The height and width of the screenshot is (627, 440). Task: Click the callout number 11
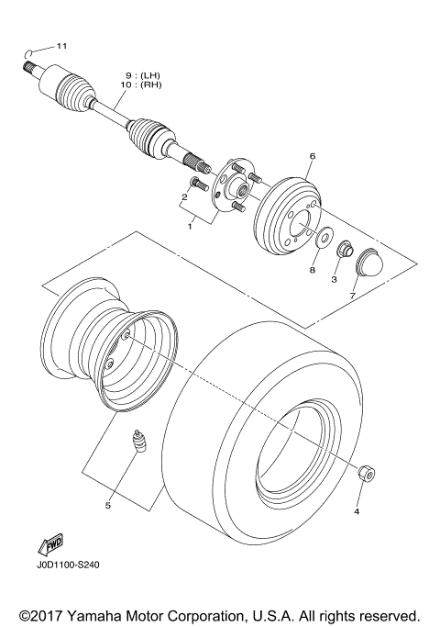61,45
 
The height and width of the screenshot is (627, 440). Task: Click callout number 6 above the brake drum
311,157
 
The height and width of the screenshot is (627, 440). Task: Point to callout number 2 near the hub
184,196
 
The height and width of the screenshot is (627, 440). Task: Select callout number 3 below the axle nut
335,279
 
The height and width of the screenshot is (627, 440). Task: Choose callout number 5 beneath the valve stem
107,505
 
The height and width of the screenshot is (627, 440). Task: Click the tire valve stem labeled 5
139,441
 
